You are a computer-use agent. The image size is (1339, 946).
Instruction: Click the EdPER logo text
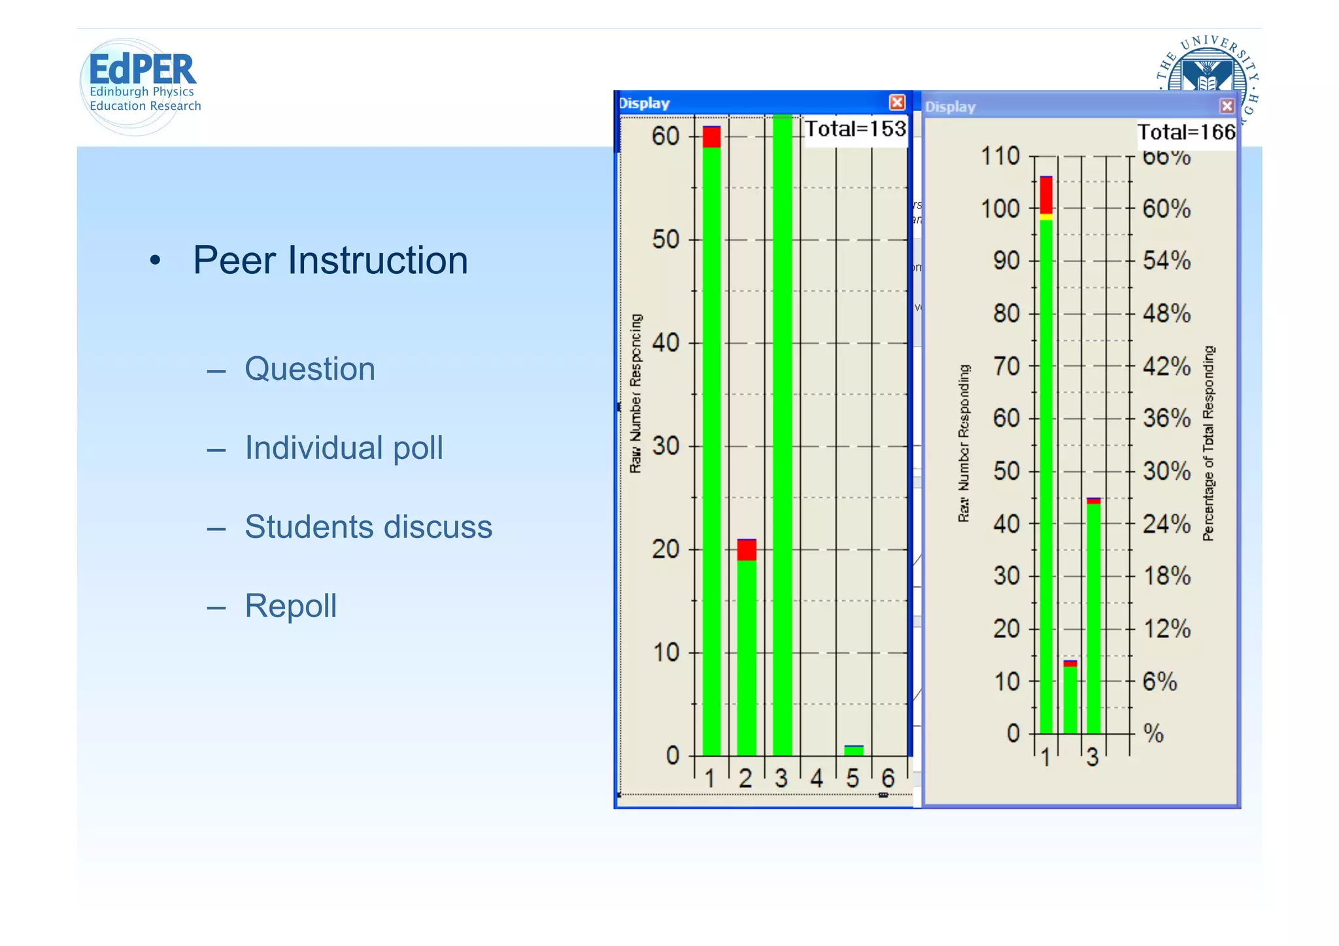point(142,69)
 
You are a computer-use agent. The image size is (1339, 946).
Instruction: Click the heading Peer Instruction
point(330,260)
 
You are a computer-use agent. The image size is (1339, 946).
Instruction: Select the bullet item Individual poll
point(344,448)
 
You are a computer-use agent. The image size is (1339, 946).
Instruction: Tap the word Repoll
point(291,605)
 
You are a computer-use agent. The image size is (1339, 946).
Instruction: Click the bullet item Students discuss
point(368,527)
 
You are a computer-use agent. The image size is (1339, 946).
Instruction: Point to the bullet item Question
point(310,369)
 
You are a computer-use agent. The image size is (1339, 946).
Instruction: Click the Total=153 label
point(855,129)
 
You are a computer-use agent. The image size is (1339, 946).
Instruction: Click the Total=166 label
point(1186,132)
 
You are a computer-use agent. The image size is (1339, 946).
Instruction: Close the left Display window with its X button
point(897,103)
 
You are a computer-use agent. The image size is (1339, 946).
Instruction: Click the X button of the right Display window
point(1227,106)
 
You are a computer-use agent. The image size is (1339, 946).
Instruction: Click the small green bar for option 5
point(853,751)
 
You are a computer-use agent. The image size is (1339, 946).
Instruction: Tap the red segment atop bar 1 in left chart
point(711,137)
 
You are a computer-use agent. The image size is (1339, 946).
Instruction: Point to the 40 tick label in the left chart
point(666,343)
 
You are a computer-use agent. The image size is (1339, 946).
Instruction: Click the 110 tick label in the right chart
point(1000,156)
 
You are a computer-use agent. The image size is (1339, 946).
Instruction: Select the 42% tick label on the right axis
point(1166,366)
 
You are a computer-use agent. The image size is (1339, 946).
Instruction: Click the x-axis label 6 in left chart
point(887,778)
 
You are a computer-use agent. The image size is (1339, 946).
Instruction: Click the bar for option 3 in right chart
point(1093,618)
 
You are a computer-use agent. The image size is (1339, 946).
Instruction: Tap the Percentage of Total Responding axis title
point(1208,443)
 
